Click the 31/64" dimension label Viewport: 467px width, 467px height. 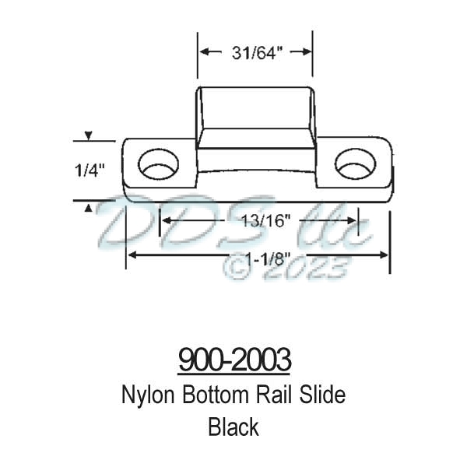pos(255,52)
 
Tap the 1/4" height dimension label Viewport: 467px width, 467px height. pos(90,167)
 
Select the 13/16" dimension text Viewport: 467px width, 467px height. pos(259,221)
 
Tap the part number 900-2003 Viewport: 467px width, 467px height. pos(234,360)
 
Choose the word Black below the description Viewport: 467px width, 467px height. pos(233,427)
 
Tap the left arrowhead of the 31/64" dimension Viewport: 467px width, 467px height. pos(203,52)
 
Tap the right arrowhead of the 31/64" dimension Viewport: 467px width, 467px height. pos(307,52)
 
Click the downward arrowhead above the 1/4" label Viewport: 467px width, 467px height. pos(89,136)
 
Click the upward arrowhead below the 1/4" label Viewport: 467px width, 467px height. pos(89,206)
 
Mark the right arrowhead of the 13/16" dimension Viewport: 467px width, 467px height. pos(353,221)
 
